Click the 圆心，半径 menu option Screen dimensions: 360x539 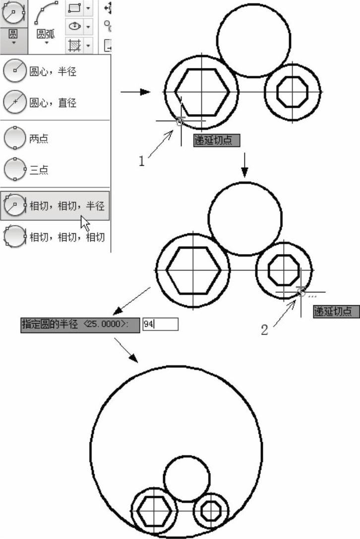click(40, 71)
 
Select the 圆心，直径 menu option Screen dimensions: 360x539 click(40, 102)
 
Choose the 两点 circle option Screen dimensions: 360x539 click(26, 138)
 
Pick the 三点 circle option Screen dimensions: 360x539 click(26, 169)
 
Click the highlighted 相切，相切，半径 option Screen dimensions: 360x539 click(55, 205)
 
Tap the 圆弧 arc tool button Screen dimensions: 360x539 click(46, 23)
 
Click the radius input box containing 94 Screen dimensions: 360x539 click(160, 324)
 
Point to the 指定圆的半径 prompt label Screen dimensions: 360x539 click(80, 325)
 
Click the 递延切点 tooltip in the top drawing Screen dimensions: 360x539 click(216, 140)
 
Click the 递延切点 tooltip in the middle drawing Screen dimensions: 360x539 click(336, 311)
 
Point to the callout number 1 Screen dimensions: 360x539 click(141, 161)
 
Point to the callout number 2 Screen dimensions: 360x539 click(264, 330)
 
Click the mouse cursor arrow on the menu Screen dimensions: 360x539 click(85, 223)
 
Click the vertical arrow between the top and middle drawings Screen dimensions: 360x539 click(244, 165)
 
